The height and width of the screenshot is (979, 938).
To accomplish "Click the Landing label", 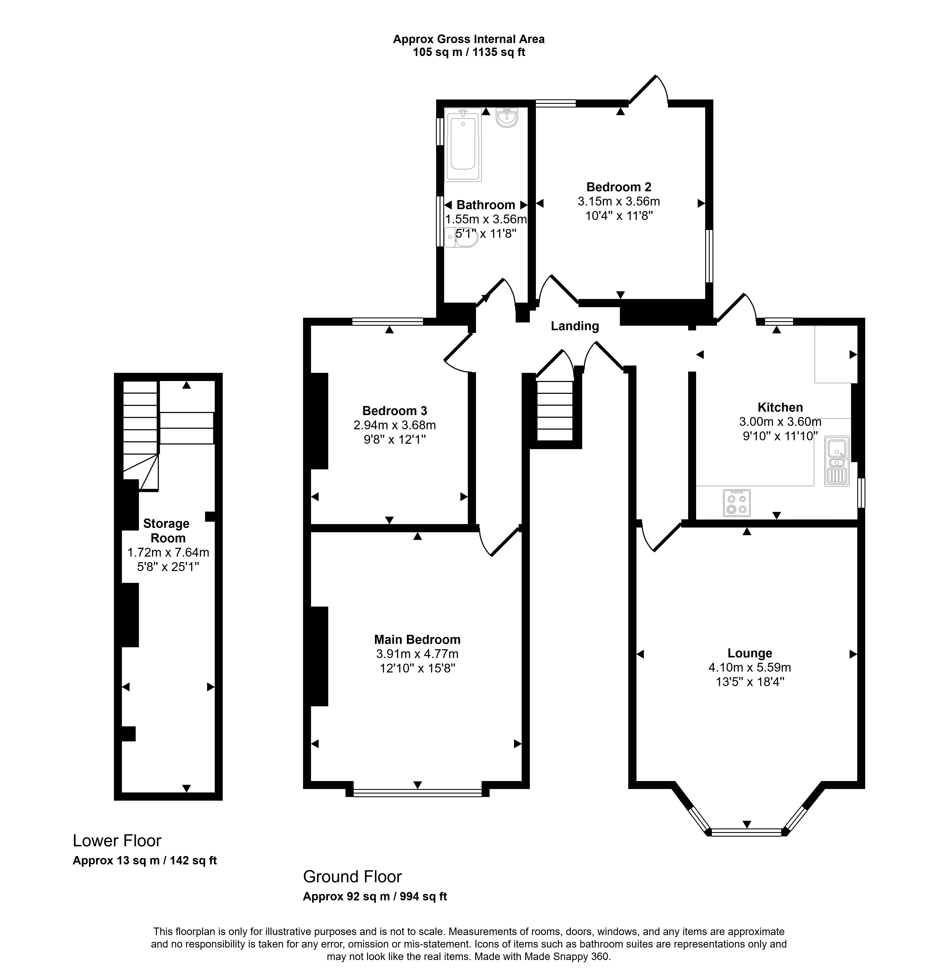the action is tap(575, 326).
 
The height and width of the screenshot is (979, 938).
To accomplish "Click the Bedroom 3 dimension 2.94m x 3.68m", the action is tap(395, 425).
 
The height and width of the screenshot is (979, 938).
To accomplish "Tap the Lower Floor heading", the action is tap(117, 841).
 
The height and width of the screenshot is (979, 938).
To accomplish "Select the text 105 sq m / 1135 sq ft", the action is tap(469, 52).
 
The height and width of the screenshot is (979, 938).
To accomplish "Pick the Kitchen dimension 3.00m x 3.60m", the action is tap(780, 422).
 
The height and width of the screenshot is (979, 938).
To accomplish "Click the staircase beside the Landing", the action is tap(555, 411).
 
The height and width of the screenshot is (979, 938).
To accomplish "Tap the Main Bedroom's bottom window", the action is tap(418, 792).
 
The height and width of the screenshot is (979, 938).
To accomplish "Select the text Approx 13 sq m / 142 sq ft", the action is tap(145, 861).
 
